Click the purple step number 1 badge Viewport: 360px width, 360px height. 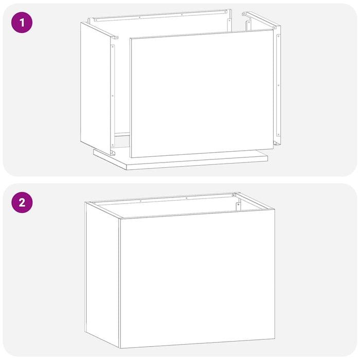point(22,23)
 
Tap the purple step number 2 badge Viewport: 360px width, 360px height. point(22,202)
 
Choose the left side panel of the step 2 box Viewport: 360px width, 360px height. point(102,273)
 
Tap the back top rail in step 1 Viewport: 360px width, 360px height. point(159,16)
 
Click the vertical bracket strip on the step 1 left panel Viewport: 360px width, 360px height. point(113,95)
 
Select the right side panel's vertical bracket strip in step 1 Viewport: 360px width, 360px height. point(278,87)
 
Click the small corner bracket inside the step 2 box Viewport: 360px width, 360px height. point(238,205)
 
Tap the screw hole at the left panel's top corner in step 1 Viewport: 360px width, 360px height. point(117,38)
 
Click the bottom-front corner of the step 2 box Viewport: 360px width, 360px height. point(120,348)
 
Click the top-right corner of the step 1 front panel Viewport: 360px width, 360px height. point(273,30)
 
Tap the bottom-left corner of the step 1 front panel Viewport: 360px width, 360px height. point(131,157)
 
